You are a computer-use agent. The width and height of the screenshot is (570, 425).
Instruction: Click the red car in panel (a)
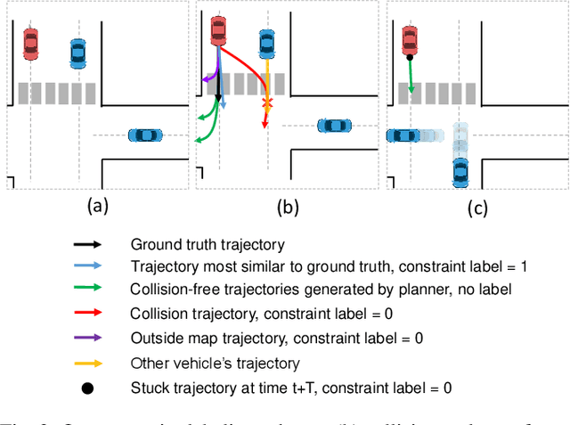[30, 42]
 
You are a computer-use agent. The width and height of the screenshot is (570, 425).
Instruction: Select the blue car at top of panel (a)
[78, 53]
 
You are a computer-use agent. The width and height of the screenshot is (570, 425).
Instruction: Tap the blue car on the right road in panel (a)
[144, 135]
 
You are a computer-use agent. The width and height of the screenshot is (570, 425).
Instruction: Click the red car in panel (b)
[218, 29]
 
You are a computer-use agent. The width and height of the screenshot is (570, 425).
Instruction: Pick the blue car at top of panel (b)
[265, 43]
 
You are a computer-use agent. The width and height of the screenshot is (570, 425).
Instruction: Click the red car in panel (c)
[409, 38]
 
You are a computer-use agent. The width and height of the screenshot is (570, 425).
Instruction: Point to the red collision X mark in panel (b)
[265, 105]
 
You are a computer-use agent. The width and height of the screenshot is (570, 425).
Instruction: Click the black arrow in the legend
[88, 243]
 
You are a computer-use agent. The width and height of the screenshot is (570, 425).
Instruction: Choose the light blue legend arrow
[88, 266]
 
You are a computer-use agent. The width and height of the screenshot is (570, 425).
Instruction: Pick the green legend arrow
[88, 289]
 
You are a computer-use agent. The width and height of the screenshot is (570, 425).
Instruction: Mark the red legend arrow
[88, 314]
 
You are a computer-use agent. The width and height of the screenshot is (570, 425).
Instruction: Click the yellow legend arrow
[88, 363]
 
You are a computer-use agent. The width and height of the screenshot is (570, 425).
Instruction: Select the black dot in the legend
[88, 387]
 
